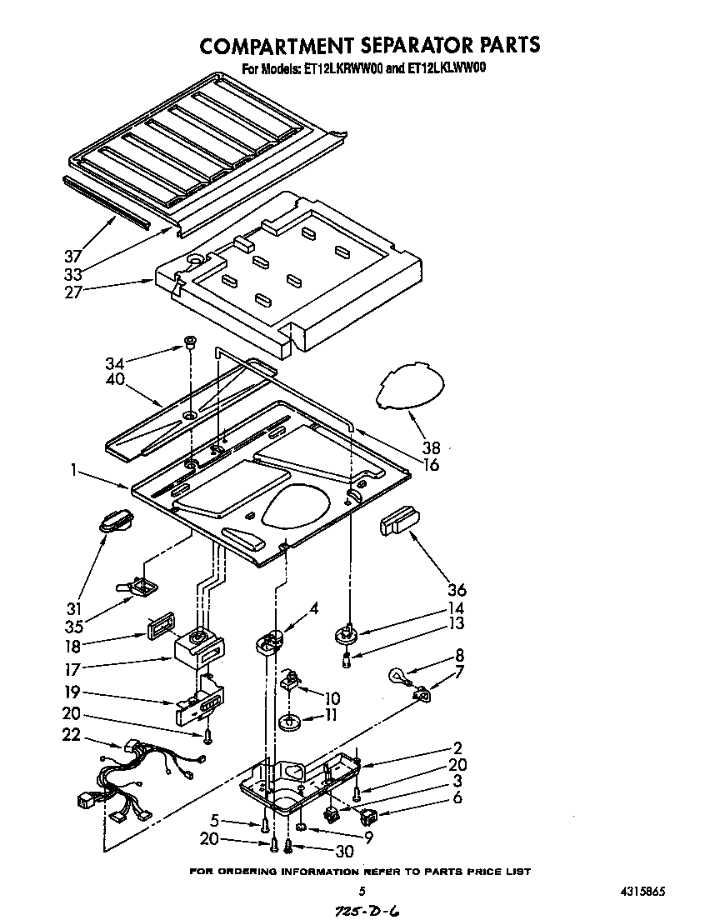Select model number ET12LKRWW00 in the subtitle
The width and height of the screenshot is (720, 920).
click(335, 70)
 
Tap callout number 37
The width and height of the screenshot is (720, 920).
click(75, 257)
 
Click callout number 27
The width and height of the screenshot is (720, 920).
click(75, 292)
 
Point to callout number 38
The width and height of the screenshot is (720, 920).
click(432, 447)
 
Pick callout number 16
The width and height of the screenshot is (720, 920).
click(432, 465)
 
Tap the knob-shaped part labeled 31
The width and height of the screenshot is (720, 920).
click(115, 522)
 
